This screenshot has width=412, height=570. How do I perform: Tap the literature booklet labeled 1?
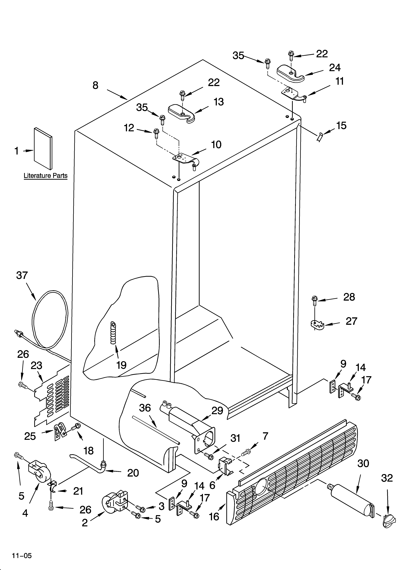coord(43,148)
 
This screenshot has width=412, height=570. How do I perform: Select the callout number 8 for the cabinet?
coord(95,85)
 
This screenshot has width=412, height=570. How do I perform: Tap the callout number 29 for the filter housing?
coord(217,410)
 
